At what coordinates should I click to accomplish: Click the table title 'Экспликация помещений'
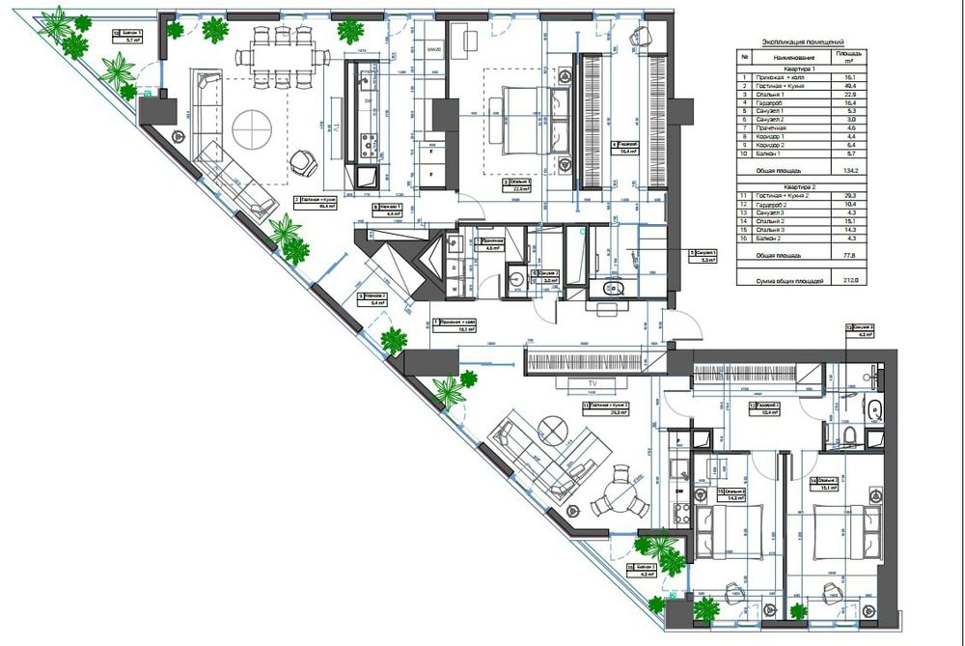click(803, 42)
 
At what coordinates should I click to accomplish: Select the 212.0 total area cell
click(849, 281)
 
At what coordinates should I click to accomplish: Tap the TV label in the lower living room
click(580, 383)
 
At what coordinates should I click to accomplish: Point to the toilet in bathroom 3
click(850, 437)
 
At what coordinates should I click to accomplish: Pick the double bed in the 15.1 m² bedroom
click(832, 534)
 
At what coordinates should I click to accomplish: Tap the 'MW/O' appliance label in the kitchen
click(433, 48)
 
